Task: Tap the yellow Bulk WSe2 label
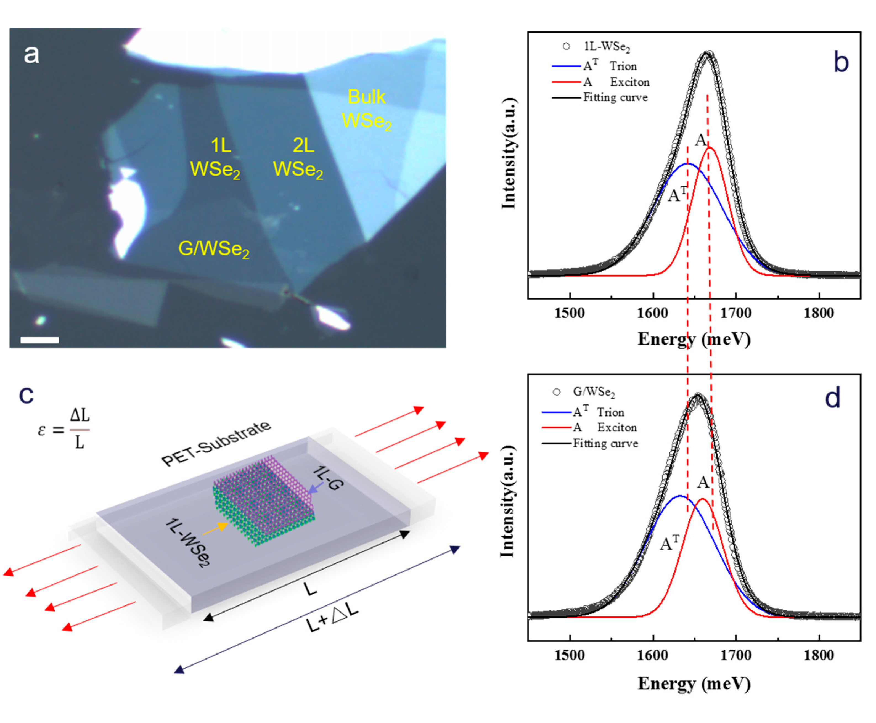[367, 109]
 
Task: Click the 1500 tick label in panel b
[570, 313]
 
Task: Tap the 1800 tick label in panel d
[819, 655]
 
